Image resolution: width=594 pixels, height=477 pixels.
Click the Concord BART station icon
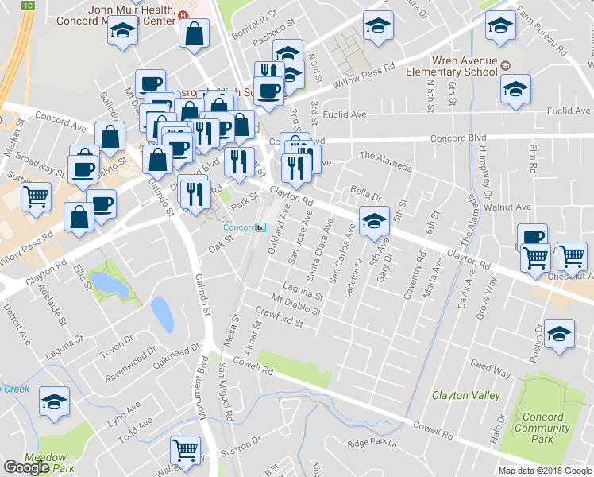pos(260,227)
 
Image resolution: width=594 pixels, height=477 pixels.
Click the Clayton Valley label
pos(465,395)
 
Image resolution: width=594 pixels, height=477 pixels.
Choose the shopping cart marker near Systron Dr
pos(186,451)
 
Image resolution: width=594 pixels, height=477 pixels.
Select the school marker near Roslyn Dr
pos(560,336)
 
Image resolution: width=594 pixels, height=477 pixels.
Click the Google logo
pos(27,467)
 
